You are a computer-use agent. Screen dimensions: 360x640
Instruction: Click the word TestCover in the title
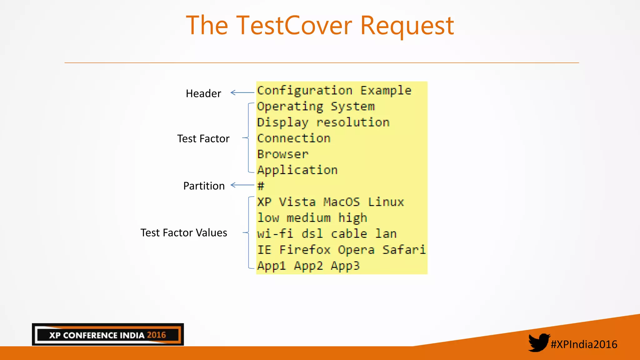coord(294,26)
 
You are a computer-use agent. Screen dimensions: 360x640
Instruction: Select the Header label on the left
coord(203,93)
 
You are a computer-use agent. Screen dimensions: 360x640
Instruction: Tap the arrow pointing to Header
coord(242,92)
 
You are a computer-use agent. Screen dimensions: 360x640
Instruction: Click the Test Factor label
coord(203,138)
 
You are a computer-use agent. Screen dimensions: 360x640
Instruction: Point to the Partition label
coord(204,186)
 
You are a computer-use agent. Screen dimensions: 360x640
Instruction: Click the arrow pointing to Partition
coord(242,185)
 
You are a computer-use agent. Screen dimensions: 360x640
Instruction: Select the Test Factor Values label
coord(184,233)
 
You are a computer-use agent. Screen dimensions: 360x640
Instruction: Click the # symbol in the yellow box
coord(261,186)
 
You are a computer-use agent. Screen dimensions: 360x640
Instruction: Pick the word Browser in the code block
coord(283,154)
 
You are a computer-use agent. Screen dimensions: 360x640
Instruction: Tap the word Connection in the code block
coord(294,138)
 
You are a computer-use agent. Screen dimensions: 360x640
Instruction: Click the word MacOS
coord(341,202)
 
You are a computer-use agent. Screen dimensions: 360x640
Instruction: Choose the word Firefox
coord(305,250)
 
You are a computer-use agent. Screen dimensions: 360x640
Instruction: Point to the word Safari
coord(404,250)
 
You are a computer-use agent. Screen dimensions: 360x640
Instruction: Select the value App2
coord(308,266)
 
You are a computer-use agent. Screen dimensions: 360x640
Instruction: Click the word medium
coord(308,218)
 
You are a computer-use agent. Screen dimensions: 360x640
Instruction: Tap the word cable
coord(349,234)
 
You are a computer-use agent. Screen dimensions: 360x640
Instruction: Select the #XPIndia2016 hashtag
coord(584,344)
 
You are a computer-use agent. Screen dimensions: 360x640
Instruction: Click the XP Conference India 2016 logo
coord(108,335)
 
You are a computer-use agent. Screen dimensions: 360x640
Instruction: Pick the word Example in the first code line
coord(386,91)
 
